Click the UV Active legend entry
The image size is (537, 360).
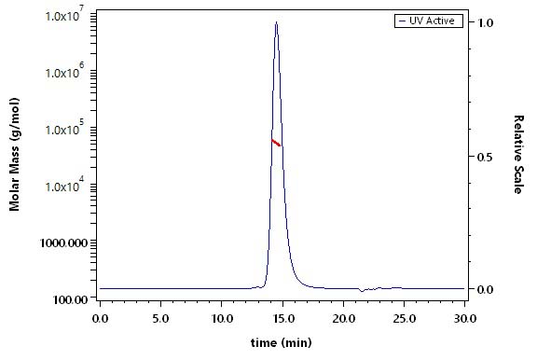(429, 21)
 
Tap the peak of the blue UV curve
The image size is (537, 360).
(276, 22)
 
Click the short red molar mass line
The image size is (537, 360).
(276, 143)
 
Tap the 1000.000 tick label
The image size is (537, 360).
(63, 242)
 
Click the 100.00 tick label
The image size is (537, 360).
(71, 299)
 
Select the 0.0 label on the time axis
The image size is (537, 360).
(100, 319)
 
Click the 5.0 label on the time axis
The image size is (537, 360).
(160, 319)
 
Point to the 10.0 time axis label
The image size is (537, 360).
(223, 319)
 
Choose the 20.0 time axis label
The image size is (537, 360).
(344, 319)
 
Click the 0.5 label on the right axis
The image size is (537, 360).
(486, 157)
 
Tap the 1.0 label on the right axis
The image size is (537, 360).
(486, 23)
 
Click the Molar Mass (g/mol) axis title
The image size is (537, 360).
(14, 154)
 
